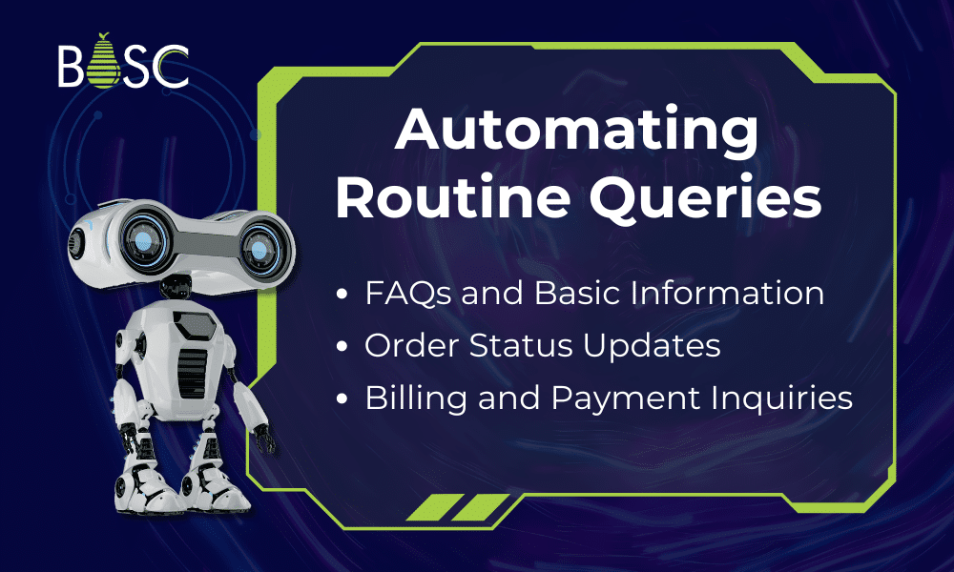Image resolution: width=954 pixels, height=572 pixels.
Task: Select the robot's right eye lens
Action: [x=256, y=251]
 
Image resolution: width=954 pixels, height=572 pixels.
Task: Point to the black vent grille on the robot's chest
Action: [x=192, y=363]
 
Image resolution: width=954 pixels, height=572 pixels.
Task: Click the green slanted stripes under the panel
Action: [x=449, y=507]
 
